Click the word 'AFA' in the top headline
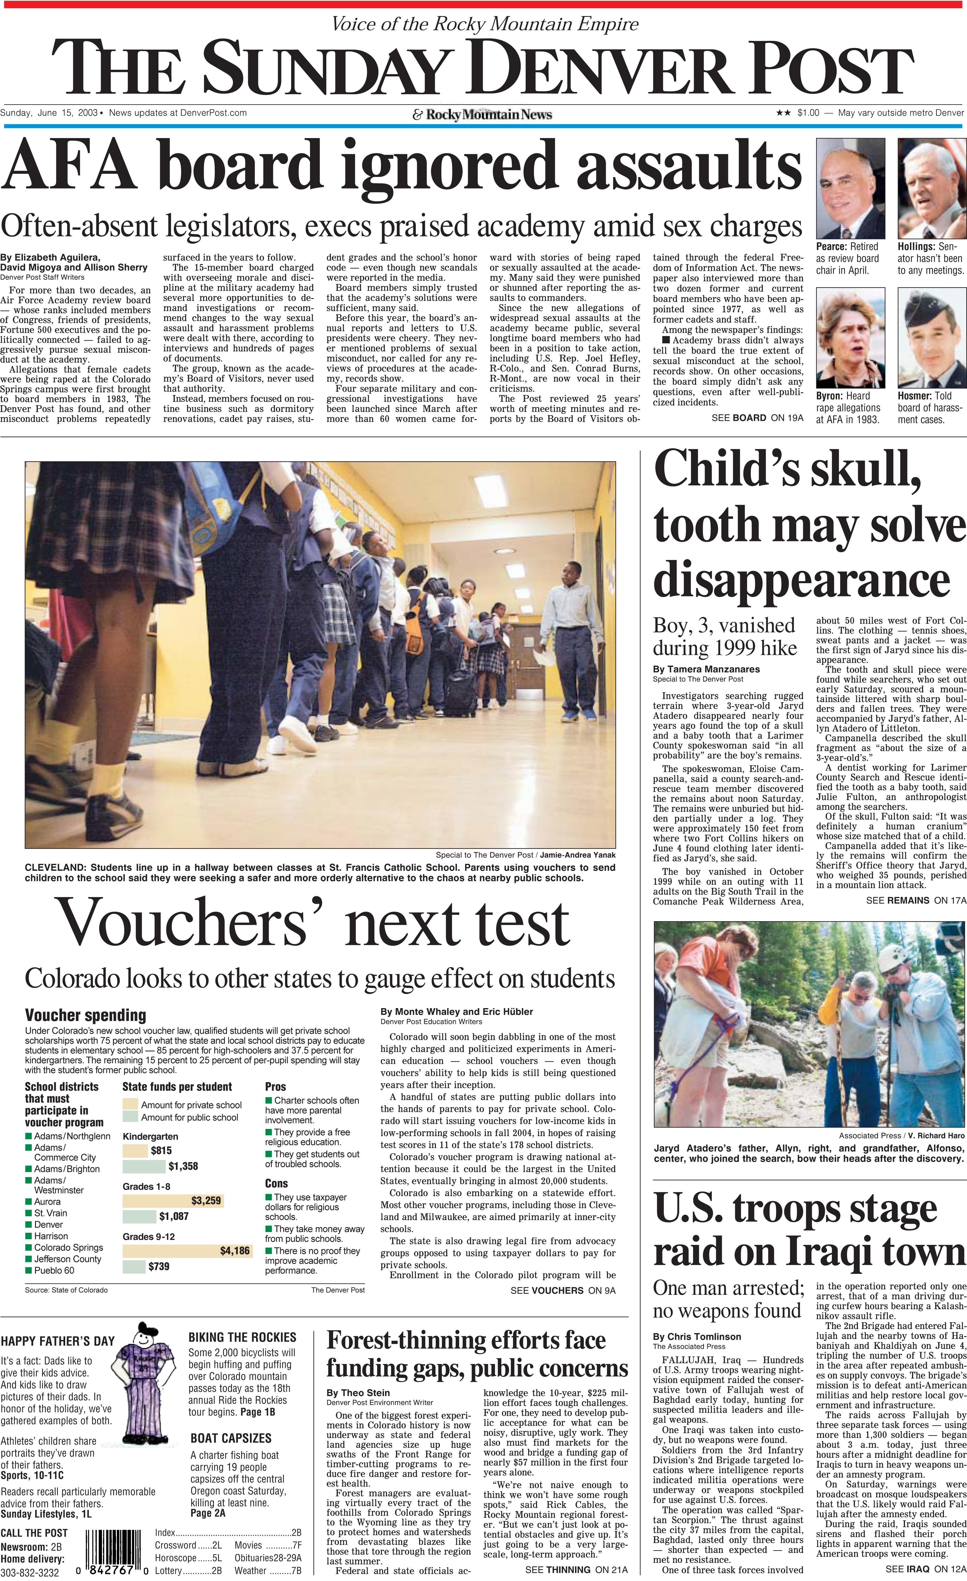pyautogui.click(x=69, y=166)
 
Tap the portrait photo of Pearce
pyautogui.click(x=850, y=189)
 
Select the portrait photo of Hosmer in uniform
pyautogui.click(x=931, y=337)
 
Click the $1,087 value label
pyautogui.click(x=174, y=1216)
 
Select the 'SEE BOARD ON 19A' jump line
pyautogui.click(x=757, y=418)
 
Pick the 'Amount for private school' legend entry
pyautogui.click(x=191, y=1105)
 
